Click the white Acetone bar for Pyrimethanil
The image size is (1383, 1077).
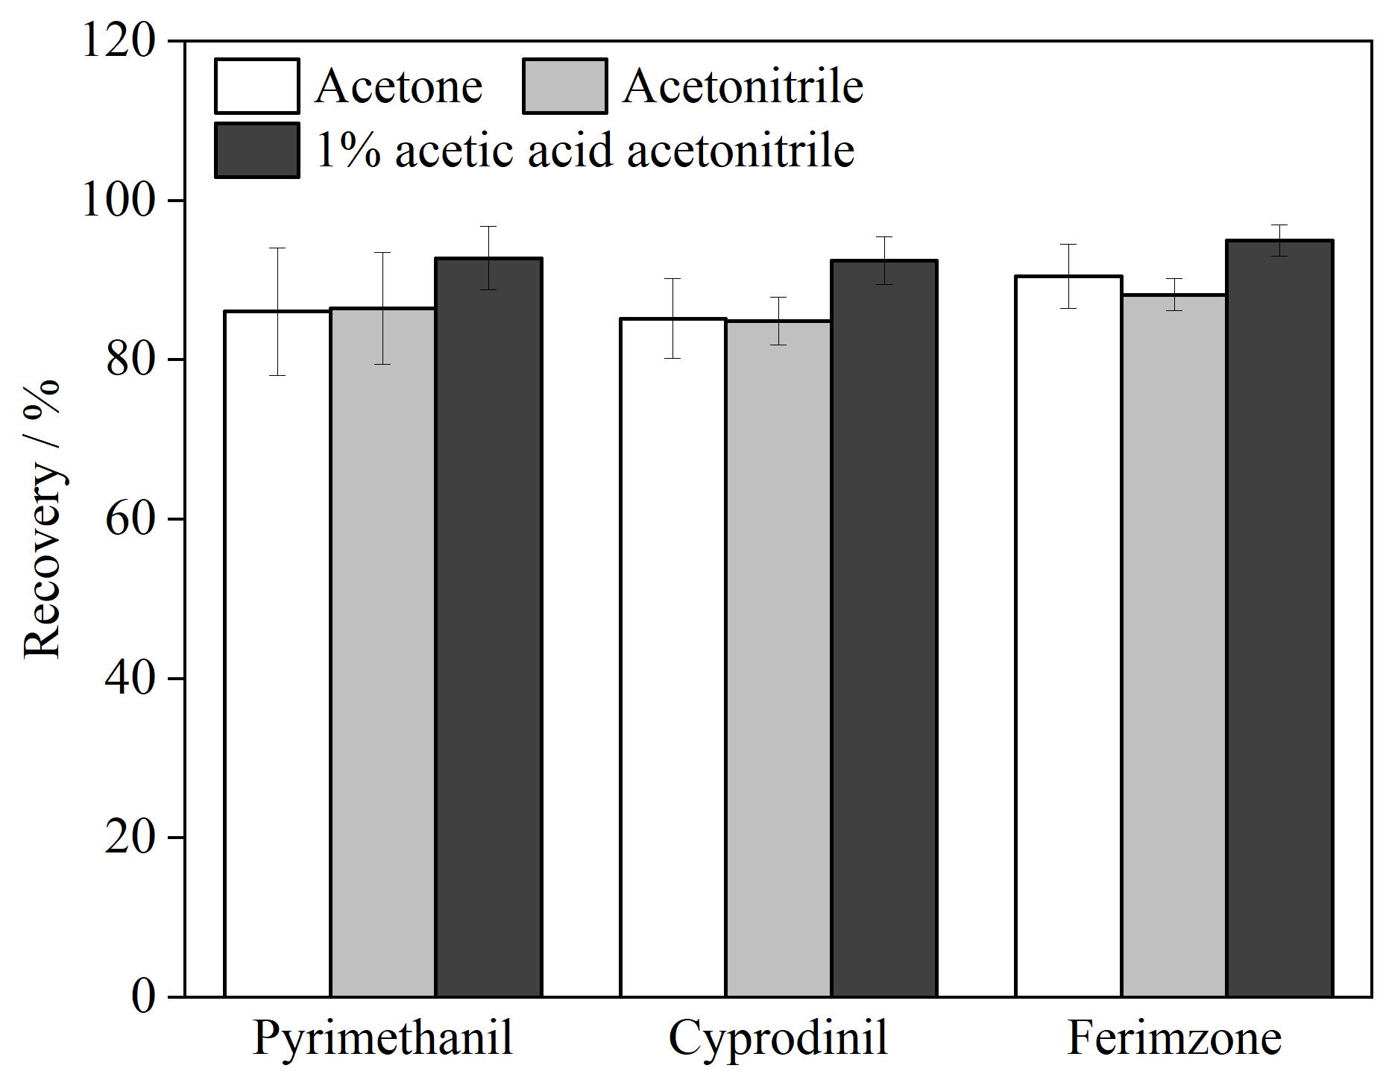point(277,653)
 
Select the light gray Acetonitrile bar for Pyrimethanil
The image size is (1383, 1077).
point(382,652)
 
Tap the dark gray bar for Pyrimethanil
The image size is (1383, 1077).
point(488,627)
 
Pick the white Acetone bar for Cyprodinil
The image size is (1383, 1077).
point(672,657)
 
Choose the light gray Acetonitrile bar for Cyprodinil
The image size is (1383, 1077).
point(778,659)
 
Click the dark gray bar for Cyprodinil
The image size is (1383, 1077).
point(884,628)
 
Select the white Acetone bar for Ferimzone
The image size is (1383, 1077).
point(1068,636)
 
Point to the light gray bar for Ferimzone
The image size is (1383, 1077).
point(1174,645)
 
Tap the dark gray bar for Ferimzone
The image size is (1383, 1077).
point(1280,618)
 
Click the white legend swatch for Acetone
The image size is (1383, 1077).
point(257,86)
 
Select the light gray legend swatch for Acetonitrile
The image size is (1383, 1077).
point(565,86)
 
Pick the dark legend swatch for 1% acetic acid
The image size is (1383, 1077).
point(257,150)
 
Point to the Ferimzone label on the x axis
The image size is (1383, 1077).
point(1174,1037)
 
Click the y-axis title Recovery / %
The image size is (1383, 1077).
point(42,520)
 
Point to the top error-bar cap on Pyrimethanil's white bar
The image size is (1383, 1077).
point(277,248)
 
